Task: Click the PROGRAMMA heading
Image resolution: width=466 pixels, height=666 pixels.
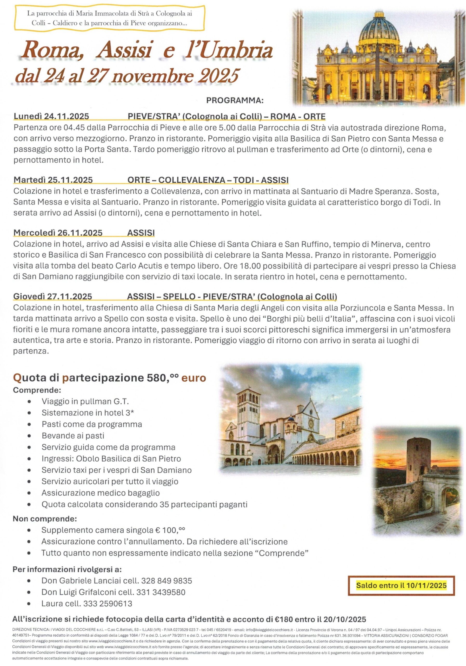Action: [x=235, y=100]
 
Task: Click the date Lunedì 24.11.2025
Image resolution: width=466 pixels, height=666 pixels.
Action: [x=51, y=116]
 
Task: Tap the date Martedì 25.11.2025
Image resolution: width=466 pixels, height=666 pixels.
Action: [x=53, y=180]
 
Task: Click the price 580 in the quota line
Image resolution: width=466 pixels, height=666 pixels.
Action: [x=156, y=378]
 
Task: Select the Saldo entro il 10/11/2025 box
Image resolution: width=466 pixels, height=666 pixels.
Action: [x=401, y=585]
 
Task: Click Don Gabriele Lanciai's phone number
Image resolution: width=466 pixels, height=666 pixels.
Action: [x=167, y=581]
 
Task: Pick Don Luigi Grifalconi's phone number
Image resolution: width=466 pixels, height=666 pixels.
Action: [x=161, y=592]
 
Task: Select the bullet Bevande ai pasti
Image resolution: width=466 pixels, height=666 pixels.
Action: [x=73, y=436]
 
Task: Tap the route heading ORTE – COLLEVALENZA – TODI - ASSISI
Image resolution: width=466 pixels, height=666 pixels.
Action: [x=208, y=180]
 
